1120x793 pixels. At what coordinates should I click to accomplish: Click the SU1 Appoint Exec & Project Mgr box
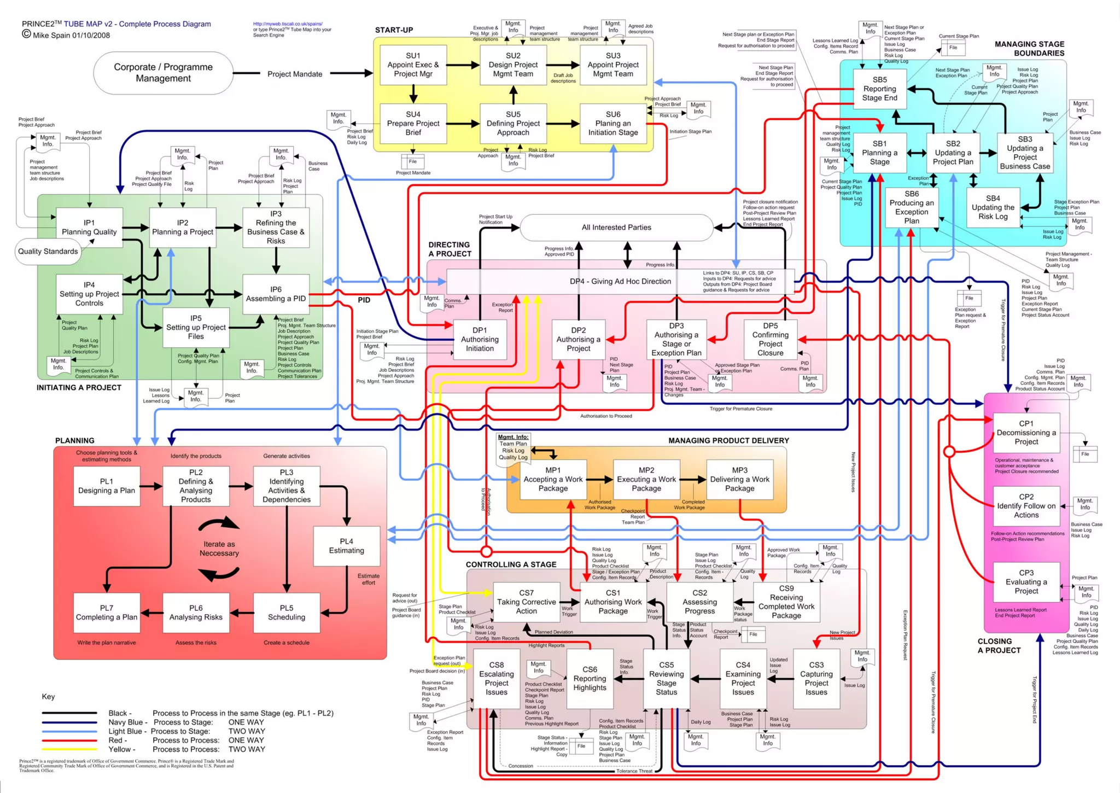pyautogui.click(x=413, y=65)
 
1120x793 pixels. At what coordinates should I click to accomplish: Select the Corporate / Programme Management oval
pyautogui.click(x=163, y=73)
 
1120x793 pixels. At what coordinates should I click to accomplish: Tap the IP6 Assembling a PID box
pyautogui.click(x=276, y=294)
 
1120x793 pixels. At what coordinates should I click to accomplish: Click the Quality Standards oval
pyautogui.click(x=48, y=252)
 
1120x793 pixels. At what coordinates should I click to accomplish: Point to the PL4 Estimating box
pyautogui.click(x=346, y=546)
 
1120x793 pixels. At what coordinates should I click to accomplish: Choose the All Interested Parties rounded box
pyautogui.click(x=616, y=228)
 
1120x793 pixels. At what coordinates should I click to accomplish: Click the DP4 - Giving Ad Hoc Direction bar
pyautogui.click(x=620, y=282)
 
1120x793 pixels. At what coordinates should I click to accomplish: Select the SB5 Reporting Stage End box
pyautogui.click(x=879, y=89)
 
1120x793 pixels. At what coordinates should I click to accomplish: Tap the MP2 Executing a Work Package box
pyautogui.click(x=646, y=480)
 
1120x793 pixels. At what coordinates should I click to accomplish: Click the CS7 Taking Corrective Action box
pyautogui.click(x=526, y=602)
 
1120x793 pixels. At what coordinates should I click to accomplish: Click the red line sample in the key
pyautogui.click(x=69, y=740)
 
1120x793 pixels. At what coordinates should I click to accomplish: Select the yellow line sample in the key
pyautogui.click(x=69, y=749)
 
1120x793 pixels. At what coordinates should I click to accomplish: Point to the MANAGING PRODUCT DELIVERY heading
pyautogui.click(x=728, y=441)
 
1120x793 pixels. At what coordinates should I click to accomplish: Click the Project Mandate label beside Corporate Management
pyautogui.click(x=295, y=74)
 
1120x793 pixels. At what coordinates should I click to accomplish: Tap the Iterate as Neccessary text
pyautogui.click(x=219, y=549)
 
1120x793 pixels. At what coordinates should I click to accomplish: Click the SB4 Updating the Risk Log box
pyautogui.click(x=993, y=208)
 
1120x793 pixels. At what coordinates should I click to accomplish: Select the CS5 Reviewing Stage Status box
pyautogui.click(x=666, y=679)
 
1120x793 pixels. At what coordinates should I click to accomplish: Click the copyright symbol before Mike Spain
pyautogui.click(x=26, y=34)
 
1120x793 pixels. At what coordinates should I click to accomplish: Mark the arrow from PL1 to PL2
pyautogui.click(x=151, y=486)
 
